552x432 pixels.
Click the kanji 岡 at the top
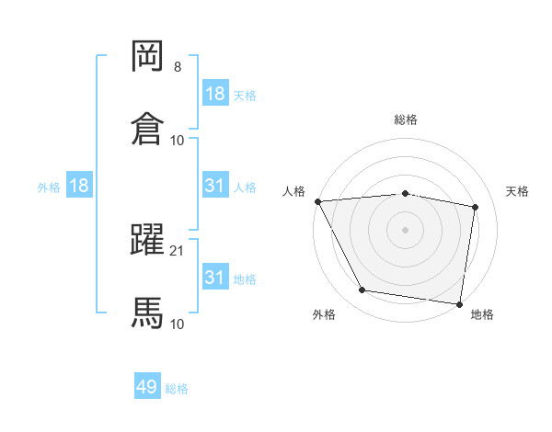[x=148, y=56]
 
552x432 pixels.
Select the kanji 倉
[x=148, y=128]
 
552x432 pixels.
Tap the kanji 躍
[x=148, y=240]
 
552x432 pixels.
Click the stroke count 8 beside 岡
[x=178, y=67]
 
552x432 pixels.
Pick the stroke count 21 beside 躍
[x=178, y=251]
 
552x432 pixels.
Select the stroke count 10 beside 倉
[x=178, y=140]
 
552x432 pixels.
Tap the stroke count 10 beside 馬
[x=178, y=324]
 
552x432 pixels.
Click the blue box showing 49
[x=147, y=387]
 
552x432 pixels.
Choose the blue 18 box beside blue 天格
[x=215, y=94]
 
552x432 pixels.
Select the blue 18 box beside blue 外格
[x=79, y=186]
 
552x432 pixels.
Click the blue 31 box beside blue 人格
[x=215, y=186]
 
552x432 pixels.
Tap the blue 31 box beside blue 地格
[x=215, y=277]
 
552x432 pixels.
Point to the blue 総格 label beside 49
[x=177, y=389]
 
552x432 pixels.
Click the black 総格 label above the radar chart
[x=406, y=119]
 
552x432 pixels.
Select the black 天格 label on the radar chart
[x=518, y=191]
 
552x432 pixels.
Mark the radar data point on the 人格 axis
[x=317, y=201]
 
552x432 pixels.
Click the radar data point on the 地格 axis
[x=459, y=303]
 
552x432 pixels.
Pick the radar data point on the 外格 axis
[x=362, y=290]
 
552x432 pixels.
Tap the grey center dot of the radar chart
[x=406, y=230]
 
